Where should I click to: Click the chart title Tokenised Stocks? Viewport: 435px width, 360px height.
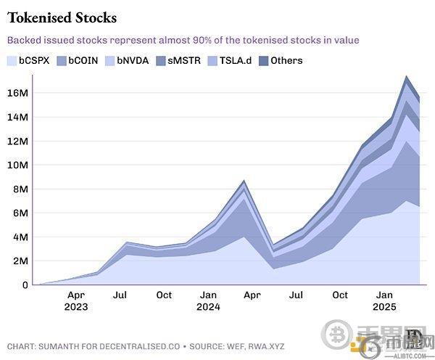(x=62, y=17)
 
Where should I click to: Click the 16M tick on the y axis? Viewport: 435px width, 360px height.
(x=18, y=93)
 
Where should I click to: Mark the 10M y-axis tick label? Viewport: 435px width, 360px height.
(x=18, y=165)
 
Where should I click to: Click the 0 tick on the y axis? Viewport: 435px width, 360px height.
(x=24, y=285)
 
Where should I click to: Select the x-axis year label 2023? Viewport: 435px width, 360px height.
(x=76, y=307)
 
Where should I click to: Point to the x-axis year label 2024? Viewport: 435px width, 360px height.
(x=209, y=307)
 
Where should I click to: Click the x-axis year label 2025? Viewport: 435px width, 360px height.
(x=385, y=307)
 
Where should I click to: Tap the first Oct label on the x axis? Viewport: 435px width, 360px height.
(x=165, y=295)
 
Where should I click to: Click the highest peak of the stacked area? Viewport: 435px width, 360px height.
(x=407, y=76)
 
